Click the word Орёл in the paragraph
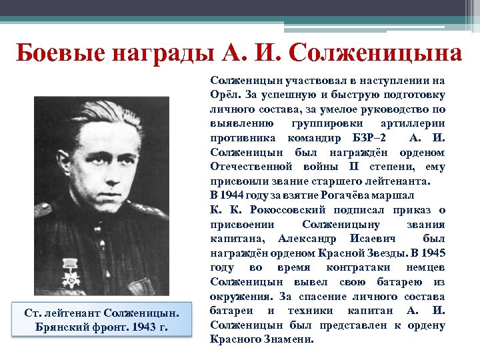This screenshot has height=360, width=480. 223,94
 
